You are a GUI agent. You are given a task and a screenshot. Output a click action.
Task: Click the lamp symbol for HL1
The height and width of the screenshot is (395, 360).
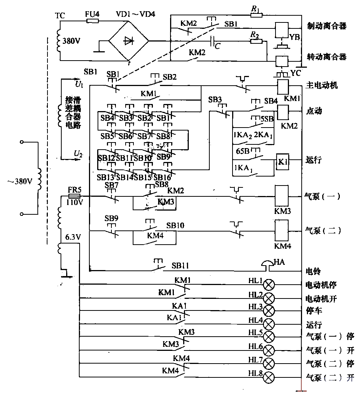(269, 285)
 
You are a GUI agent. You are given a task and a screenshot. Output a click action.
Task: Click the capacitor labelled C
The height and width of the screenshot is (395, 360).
(213, 41)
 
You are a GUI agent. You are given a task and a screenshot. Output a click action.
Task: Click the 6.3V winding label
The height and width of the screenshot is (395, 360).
(73, 237)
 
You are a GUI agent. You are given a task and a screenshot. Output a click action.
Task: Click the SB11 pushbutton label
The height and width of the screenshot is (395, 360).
(181, 266)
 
